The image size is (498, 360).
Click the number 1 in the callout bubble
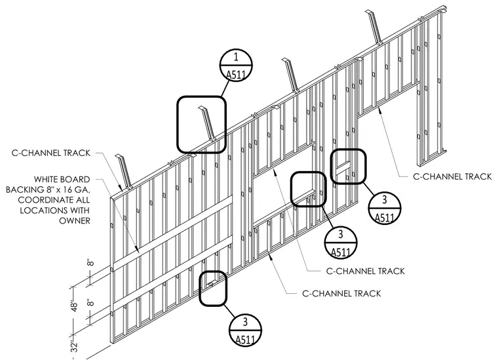[236, 57]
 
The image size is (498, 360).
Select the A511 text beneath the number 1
[236, 75]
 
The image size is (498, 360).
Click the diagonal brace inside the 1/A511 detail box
[208, 123]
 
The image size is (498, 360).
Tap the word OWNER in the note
[75, 220]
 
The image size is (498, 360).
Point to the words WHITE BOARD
[62, 180]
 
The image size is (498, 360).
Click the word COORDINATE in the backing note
[54, 200]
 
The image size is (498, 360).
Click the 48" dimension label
[74, 307]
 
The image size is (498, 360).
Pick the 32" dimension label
[74, 347]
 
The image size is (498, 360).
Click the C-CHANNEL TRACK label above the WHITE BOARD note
[51, 153]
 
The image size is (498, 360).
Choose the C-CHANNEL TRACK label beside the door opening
[452, 176]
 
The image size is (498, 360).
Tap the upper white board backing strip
[173, 233]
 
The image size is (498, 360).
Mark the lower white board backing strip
[173, 273]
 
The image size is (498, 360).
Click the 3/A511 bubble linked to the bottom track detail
[245, 330]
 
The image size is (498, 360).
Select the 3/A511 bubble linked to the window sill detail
[341, 243]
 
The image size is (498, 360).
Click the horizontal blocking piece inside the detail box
[342, 167]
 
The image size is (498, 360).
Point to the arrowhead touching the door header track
[379, 110]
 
